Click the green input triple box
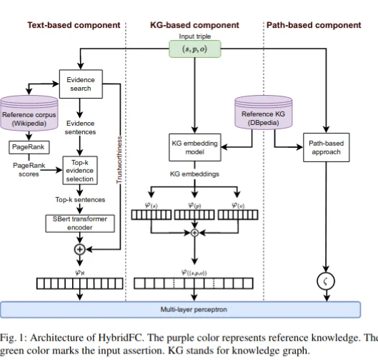point(195,49)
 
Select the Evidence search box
point(81,84)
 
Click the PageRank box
point(29,147)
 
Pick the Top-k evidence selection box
point(80,171)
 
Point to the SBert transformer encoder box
point(80,224)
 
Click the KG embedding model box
point(195,147)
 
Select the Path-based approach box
point(326,147)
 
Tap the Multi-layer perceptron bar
point(180,309)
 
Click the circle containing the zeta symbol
point(326,281)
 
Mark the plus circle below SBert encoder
point(80,249)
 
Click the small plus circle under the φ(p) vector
point(194,233)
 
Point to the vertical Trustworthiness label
point(119,160)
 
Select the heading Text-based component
point(74,25)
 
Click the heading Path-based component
point(314,25)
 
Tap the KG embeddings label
point(194,174)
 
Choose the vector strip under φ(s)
point(151,215)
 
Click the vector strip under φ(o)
point(238,215)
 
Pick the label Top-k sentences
point(80,200)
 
